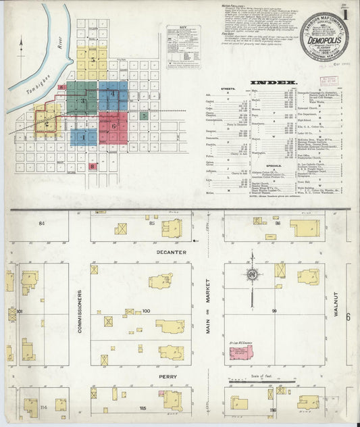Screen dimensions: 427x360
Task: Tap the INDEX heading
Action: [x=274, y=82]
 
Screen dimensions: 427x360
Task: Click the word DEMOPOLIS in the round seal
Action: [x=324, y=40]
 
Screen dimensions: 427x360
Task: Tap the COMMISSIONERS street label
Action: [x=79, y=316]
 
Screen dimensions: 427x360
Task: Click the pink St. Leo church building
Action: [x=241, y=352]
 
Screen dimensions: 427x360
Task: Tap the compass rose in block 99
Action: [x=252, y=275]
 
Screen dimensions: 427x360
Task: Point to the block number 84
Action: [x=41, y=222]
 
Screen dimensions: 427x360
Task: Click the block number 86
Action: [x=277, y=222]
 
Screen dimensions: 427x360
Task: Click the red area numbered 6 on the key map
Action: [x=113, y=126]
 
